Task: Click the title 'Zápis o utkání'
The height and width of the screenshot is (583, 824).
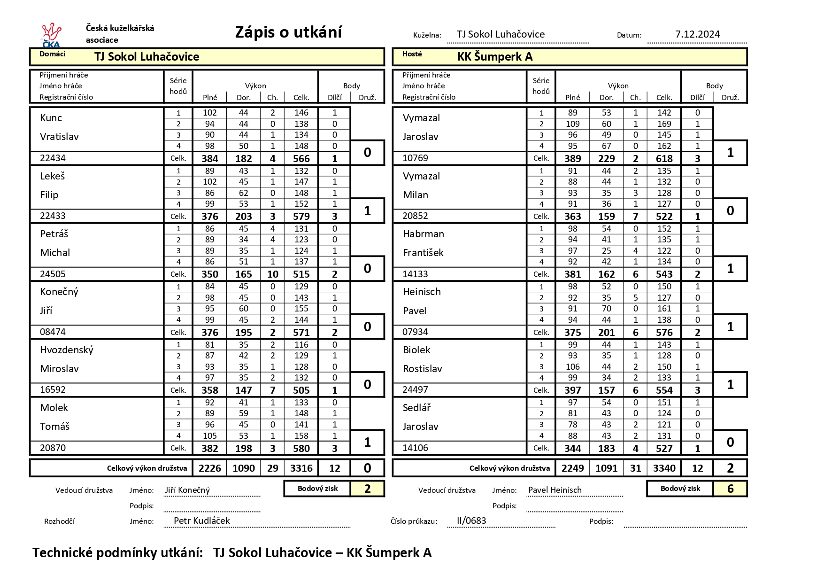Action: (x=288, y=32)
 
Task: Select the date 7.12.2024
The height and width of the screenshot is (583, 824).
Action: (x=697, y=34)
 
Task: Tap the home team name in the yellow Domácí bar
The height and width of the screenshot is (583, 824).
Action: (x=146, y=57)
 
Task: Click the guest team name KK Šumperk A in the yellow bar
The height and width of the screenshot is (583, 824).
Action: (x=495, y=57)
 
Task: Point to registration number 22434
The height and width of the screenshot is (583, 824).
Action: (x=53, y=158)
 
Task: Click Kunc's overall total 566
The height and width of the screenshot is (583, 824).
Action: (x=301, y=159)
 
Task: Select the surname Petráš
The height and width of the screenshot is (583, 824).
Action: (x=54, y=234)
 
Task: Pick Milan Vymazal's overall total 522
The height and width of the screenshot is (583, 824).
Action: (x=664, y=217)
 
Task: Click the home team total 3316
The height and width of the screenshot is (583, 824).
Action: (x=301, y=468)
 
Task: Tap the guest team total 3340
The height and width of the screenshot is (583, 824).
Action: (x=664, y=468)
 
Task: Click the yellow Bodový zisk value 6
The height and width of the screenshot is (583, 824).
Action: (x=730, y=489)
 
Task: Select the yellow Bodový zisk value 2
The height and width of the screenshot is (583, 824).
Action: (x=367, y=489)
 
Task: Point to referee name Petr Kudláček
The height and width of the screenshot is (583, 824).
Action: (x=202, y=521)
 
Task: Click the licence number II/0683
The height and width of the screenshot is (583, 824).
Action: (x=471, y=521)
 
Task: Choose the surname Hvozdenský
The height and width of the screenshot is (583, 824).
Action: (x=67, y=350)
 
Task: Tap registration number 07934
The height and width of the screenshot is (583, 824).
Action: (x=415, y=332)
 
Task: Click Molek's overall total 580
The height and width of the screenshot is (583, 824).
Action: (x=301, y=449)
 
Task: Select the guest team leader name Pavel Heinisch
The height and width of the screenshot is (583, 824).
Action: (x=554, y=490)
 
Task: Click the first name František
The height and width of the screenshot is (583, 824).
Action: (x=423, y=253)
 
